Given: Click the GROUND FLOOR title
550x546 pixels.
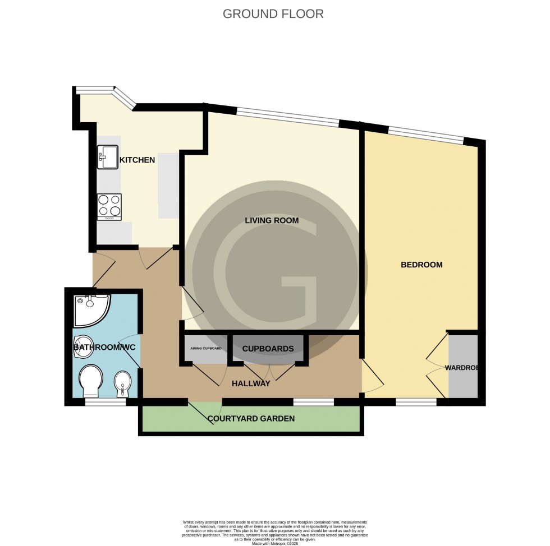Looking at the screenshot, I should pos(273,14).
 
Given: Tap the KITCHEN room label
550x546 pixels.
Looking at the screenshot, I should pos(137,160).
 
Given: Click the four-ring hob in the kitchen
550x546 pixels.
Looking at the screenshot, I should pos(109,206).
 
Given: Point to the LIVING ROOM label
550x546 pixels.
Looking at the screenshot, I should pos(272,220).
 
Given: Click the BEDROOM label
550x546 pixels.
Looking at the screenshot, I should pos(421,265).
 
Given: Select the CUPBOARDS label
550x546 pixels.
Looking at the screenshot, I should pos(268,349).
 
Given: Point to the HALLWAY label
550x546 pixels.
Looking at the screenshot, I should pos(251,384).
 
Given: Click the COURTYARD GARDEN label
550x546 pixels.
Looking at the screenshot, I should pos(251,419).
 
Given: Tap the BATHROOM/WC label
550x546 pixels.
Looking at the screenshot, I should pos(104,348).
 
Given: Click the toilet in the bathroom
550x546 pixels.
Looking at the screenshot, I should pos(90,380).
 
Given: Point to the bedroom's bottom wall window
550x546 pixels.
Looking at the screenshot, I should pos(416,402).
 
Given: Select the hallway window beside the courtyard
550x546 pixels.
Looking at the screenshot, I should pos(313,402).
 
